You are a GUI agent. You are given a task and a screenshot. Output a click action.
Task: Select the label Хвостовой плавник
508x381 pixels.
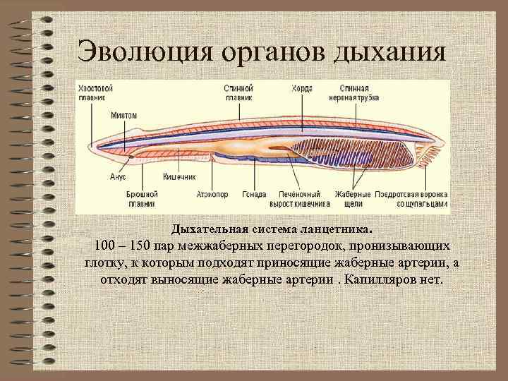click(96, 93)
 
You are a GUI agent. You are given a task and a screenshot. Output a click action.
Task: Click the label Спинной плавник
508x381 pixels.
click(238, 93)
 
